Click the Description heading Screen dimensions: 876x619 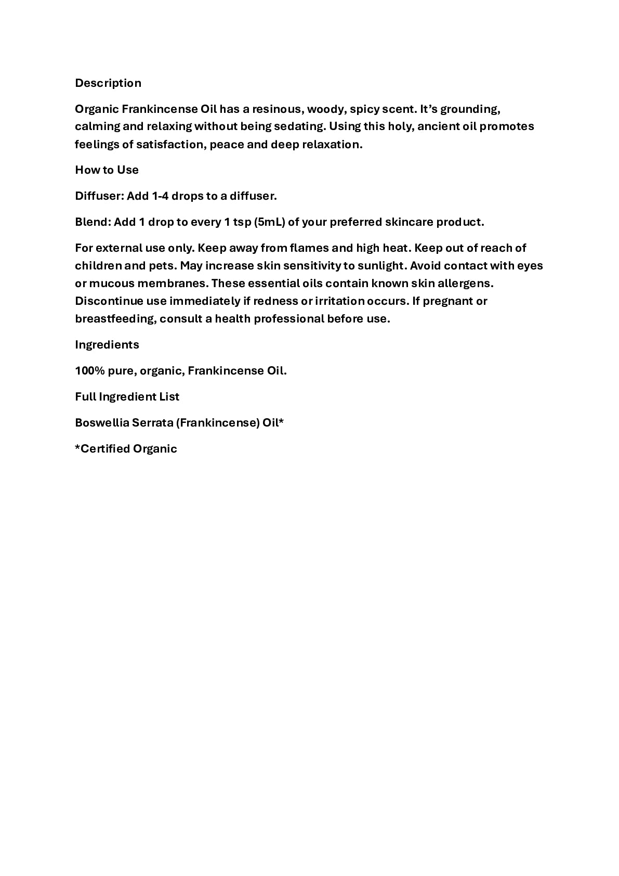tap(108, 83)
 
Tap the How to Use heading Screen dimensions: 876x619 tap(107, 170)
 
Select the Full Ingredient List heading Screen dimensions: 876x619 tap(127, 397)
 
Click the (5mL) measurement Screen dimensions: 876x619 tap(269, 222)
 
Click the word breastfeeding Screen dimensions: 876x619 tap(115, 319)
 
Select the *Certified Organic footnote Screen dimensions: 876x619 tap(126, 449)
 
